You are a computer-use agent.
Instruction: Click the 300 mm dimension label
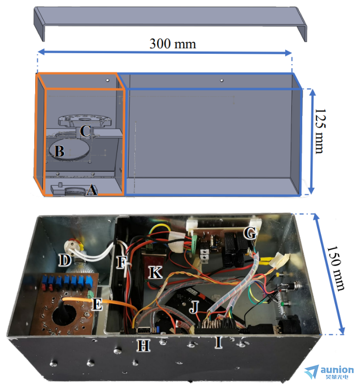[x=173, y=44]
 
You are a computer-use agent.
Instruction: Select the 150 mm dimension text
[x=336, y=268]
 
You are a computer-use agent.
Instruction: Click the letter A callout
[x=92, y=190]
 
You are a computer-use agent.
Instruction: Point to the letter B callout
[x=59, y=151]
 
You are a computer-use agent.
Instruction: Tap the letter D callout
[x=65, y=260]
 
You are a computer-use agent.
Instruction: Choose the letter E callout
[x=97, y=304]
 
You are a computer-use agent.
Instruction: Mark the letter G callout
[x=250, y=233]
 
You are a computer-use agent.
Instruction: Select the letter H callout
[x=143, y=346]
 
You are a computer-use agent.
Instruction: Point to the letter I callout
[x=218, y=342]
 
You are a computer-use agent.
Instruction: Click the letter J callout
[x=194, y=307]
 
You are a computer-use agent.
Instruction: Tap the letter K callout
[x=155, y=272]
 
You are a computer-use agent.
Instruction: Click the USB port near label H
[x=144, y=330]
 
